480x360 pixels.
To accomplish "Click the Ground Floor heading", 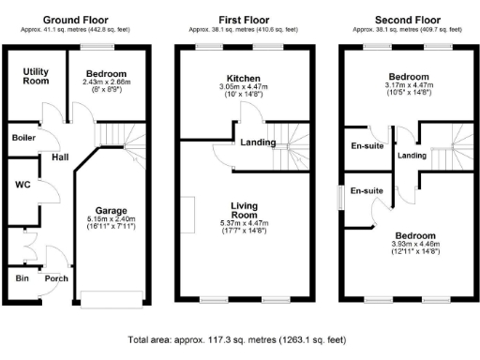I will tap(76, 19).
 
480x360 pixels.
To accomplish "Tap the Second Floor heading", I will tap(408, 19).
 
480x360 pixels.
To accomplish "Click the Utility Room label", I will tap(37, 77).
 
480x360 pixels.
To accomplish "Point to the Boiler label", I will tap(23, 137).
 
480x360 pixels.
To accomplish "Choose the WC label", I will tap(22, 185).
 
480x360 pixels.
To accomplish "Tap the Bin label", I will tap(20, 277).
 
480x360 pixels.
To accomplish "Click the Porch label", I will tap(55, 277).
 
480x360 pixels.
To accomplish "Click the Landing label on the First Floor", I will tap(257, 143).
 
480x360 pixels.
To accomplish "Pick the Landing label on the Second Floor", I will tap(411, 156).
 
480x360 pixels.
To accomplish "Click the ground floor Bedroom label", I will tap(107, 72).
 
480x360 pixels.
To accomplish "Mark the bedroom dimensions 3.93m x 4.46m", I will tap(408, 244).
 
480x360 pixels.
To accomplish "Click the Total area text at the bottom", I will tap(240, 342).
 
